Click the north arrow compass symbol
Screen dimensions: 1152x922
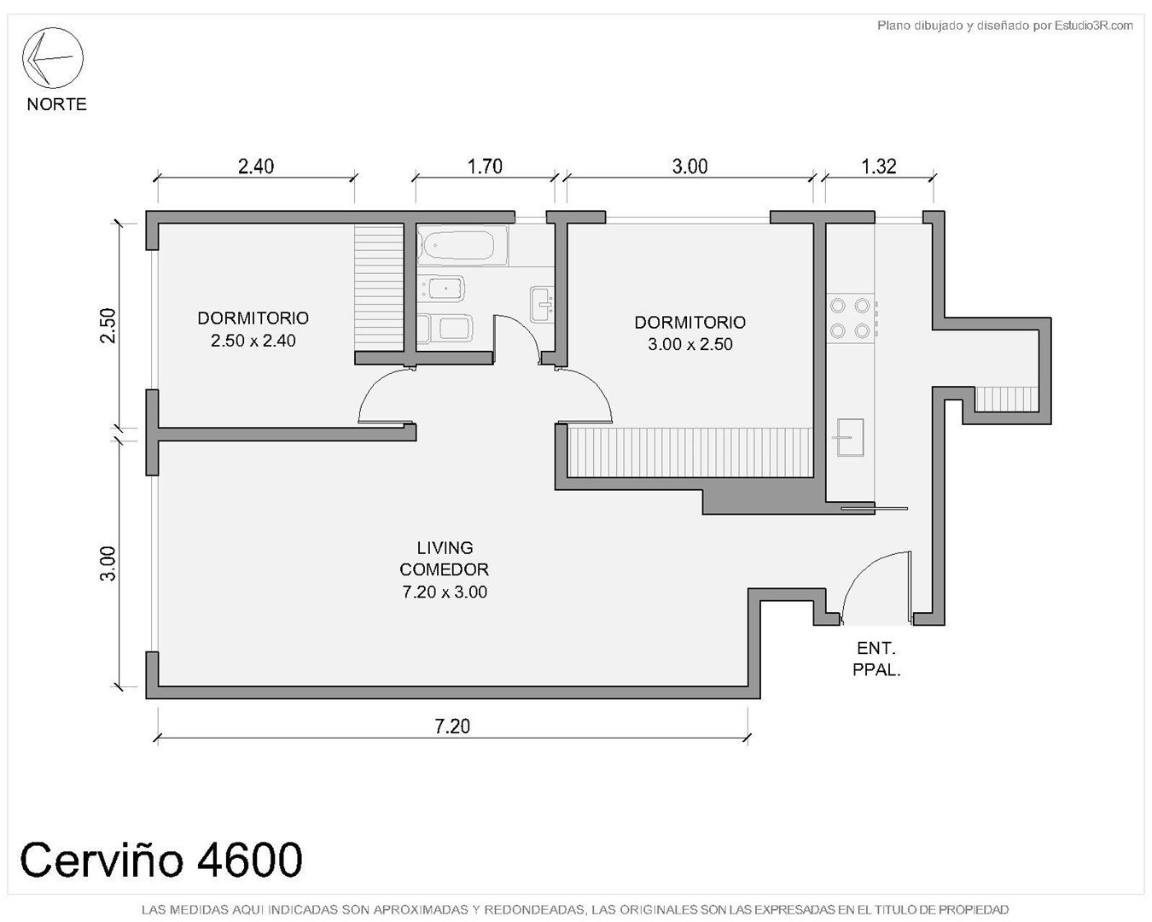click(x=52, y=57)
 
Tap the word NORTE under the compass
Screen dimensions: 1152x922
click(x=56, y=104)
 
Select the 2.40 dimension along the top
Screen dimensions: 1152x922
click(x=256, y=166)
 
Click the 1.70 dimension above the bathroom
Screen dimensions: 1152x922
click(x=485, y=166)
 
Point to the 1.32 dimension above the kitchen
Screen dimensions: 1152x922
click(x=878, y=166)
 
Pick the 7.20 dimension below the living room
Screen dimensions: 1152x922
click(x=452, y=726)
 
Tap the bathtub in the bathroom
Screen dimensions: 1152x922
click(x=463, y=246)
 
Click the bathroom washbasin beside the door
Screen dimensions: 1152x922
click(x=542, y=304)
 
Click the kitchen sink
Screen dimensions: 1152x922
click(x=850, y=437)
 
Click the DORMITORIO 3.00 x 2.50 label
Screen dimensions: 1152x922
click(x=690, y=333)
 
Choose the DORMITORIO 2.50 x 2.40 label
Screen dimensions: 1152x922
click(x=253, y=329)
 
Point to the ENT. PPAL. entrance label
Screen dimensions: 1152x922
click(x=876, y=659)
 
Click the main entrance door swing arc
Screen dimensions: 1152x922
click(x=863, y=573)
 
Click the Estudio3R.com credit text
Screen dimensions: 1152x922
click(x=1004, y=25)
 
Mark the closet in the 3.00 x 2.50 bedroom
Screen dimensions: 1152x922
click(x=690, y=452)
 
